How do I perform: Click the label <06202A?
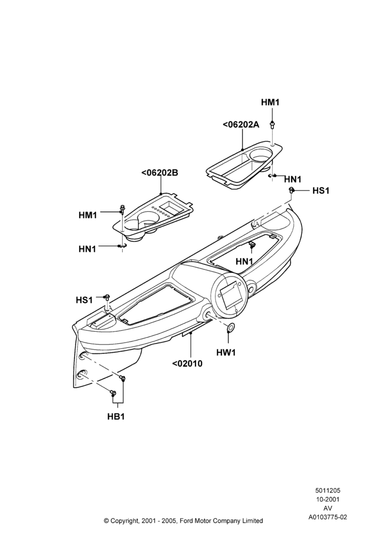241,124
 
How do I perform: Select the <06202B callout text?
160,173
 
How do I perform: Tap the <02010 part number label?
187,364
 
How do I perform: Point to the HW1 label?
226,352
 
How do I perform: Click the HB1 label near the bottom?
116,416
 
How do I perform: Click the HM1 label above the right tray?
270,102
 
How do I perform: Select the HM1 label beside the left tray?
88,215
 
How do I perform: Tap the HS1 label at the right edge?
321,190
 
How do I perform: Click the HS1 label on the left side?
84,300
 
